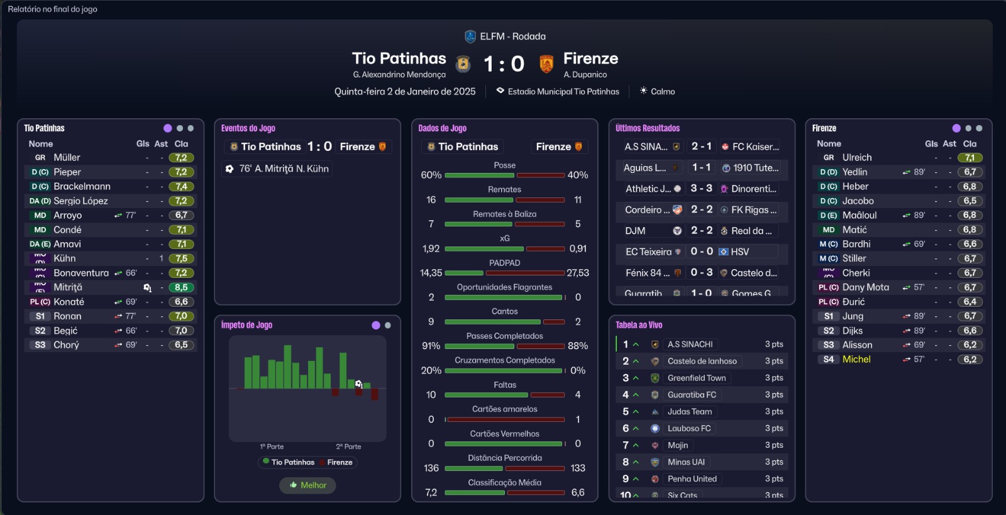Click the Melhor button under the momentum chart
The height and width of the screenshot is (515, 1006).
point(308,485)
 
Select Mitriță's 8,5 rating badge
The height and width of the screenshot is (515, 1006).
point(181,287)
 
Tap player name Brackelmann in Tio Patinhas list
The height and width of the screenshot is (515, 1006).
point(82,186)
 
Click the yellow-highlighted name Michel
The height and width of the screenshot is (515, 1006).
point(856,359)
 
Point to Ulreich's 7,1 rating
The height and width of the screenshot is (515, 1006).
point(970,158)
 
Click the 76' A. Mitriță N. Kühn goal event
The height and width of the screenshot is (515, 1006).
point(284,169)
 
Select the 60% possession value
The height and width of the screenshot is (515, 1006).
point(431,175)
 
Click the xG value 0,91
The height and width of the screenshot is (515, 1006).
point(578,248)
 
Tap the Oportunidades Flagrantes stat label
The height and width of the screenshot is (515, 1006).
point(504,287)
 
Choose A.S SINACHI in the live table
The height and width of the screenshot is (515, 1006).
point(690,344)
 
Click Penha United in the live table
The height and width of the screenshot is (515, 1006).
point(692,479)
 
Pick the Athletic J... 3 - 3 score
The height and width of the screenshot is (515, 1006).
point(701,188)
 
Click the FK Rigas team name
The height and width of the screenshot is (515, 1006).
point(753,209)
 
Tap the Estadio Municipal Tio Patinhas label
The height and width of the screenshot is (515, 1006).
point(563,91)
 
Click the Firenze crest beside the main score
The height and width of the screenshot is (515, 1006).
point(546,64)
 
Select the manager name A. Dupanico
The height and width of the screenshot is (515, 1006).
point(585,74)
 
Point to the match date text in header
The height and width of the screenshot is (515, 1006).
point(405,91)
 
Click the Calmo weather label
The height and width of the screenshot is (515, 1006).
point(663,91)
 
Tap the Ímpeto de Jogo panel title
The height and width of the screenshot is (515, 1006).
point(246,324)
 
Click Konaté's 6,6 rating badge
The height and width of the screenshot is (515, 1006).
point(181,302)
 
